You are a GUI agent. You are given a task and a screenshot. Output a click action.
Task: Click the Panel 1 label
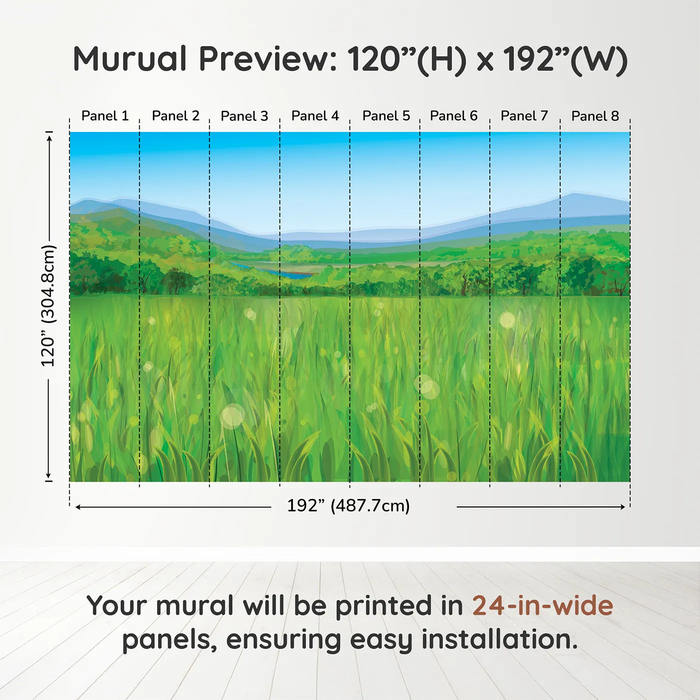(x=105, y=116)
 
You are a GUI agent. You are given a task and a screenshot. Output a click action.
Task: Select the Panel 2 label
(x=175, y=116)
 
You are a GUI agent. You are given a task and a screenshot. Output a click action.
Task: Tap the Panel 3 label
(x=244, y=116)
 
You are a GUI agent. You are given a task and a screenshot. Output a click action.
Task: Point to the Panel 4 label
(x=315, y=116)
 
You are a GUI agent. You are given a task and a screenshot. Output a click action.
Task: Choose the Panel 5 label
(x=386, y=116)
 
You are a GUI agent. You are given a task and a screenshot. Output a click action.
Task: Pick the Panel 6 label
(x=453, y=116)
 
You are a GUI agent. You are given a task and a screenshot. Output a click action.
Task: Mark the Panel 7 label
(x=524, y=116)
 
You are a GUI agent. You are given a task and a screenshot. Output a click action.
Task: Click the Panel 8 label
(x=595, y=116)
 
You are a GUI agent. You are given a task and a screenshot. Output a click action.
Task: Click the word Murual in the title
(x=130, y=59)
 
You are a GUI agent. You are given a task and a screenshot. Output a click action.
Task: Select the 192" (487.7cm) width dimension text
(x=348, y=506)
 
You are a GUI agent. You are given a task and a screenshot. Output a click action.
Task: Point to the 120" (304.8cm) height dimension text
(x=48, y=305)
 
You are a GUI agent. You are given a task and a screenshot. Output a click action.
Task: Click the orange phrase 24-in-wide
(x=542, y=605)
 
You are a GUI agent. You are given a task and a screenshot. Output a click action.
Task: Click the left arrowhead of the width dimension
(x=78, y=507)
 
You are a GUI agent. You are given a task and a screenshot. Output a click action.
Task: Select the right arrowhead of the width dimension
(x=622, y=507)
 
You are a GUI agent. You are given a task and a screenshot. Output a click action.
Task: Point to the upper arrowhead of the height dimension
(x=49, y=137)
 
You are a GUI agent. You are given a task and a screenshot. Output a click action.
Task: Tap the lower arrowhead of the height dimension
(x=48, y=475)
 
